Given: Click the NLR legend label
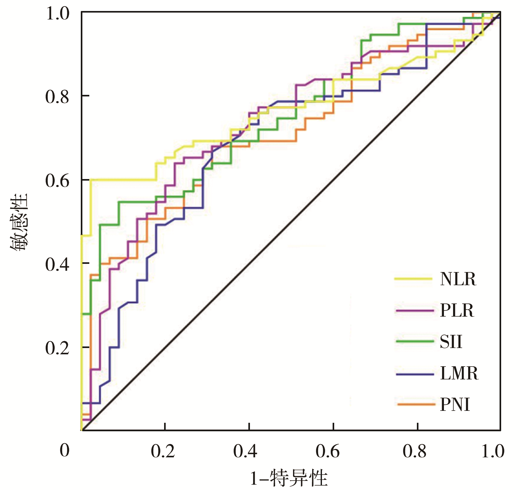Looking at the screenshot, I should (458, 279).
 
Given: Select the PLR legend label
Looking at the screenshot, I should (457, 310).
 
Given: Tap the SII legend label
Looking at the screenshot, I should (451, 342).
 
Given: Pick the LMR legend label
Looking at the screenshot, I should (459, 373).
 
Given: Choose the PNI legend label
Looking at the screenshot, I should (455, 405).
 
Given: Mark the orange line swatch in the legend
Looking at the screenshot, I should (416, 404).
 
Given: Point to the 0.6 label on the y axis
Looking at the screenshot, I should (57, 181).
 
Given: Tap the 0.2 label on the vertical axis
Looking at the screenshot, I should (57, 348).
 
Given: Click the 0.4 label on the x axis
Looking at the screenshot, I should (245, 451).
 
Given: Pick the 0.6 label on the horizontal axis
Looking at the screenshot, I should (328, 451).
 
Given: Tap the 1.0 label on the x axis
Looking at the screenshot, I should (493, 451).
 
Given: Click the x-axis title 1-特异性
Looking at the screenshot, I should (289, 478).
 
